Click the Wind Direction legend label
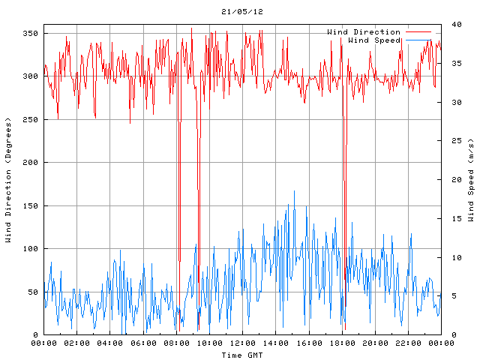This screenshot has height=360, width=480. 364,32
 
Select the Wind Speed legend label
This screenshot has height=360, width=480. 374,40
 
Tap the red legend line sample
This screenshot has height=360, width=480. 418,32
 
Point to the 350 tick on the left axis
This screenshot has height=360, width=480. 29,34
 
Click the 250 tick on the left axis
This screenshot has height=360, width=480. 29,120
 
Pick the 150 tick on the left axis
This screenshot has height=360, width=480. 29,206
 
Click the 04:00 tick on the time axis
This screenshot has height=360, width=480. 110,343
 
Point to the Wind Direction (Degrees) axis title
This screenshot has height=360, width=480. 9,180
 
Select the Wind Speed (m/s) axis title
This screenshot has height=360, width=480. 471,180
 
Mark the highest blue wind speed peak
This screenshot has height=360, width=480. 294,191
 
